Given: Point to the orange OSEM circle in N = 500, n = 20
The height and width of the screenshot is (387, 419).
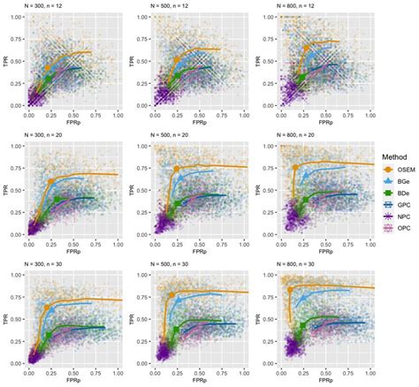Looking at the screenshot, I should click(x=176, y=169).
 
